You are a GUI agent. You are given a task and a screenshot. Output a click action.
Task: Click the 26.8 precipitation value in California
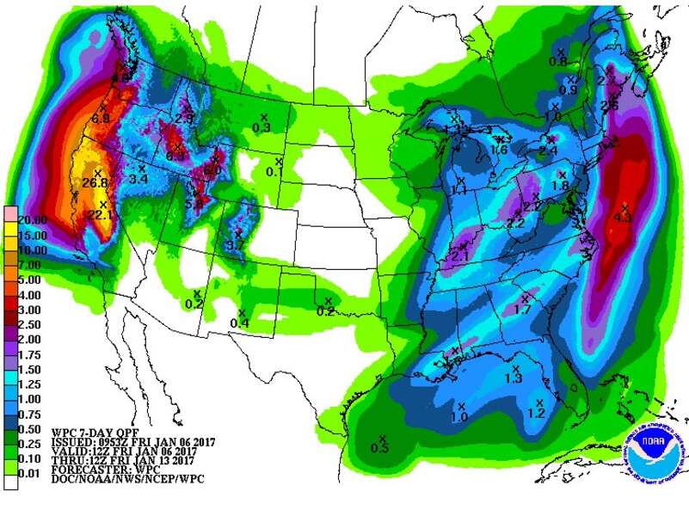95,183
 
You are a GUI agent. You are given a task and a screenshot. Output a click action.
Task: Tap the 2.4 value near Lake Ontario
549,150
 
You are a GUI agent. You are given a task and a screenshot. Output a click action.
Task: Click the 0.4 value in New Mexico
240,323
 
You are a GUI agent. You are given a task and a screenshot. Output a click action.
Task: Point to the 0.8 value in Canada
558,62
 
